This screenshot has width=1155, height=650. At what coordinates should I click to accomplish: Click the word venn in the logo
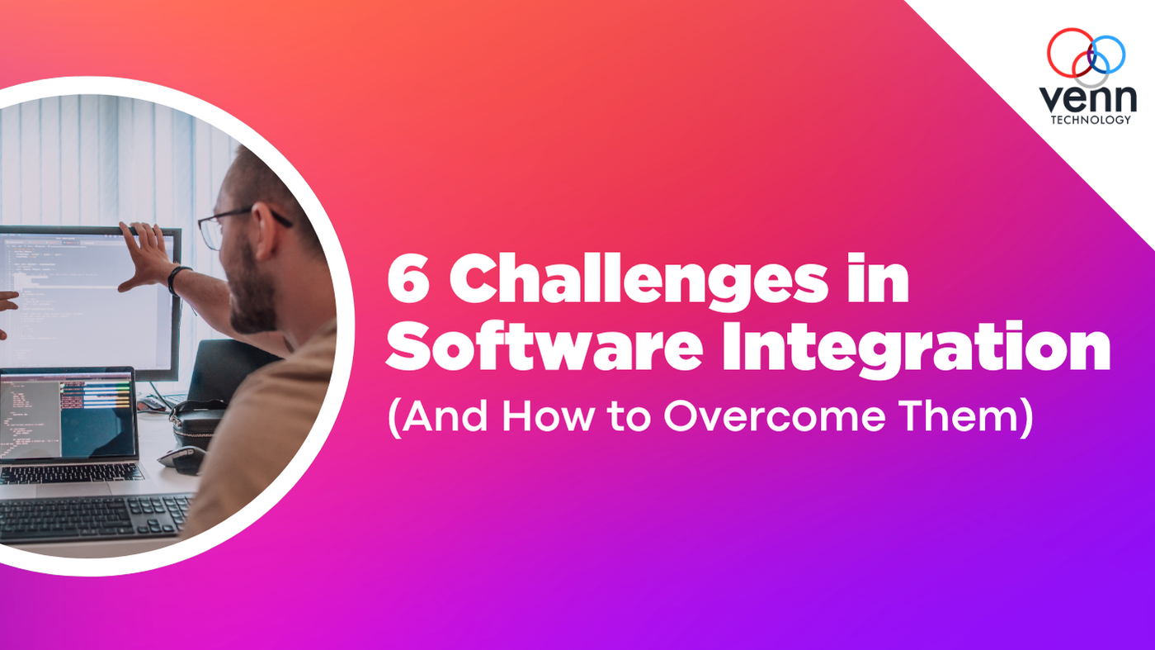(1086, 98)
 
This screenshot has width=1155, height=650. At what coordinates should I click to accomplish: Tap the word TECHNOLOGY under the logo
(1090, 121)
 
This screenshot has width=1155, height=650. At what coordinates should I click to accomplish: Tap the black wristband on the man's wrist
(175, 278)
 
